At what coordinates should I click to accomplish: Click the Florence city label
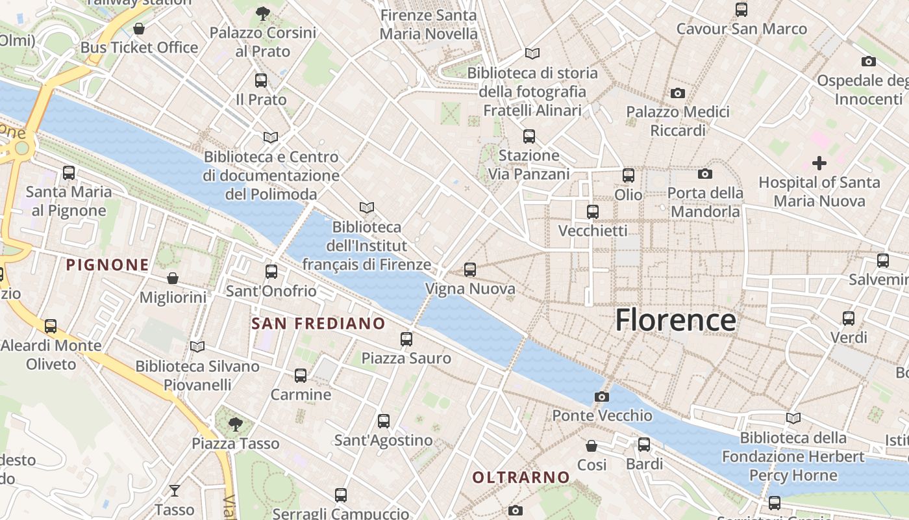point(675,320)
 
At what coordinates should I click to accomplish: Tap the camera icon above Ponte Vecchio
point(602,396)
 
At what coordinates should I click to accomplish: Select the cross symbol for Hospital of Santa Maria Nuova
point(819,162)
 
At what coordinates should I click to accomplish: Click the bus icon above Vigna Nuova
point(470,269)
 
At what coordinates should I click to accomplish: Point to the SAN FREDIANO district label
point(318,324)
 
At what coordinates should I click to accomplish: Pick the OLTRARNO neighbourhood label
point(521,478)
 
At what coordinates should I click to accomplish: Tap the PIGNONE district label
point(108,265)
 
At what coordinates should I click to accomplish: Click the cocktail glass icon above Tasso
point(175,490)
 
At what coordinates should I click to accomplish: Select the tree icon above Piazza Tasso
point(236,424)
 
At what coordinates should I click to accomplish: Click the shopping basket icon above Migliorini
point(173,278)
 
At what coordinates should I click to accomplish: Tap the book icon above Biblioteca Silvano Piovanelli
point(197,347)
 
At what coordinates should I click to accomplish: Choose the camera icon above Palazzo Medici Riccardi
point(678,93)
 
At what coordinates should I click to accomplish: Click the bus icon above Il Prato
point(261,81)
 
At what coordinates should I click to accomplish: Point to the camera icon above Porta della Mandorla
point(704,174)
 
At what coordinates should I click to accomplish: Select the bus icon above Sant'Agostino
point(384,421)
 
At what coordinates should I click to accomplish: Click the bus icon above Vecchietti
point(593,211)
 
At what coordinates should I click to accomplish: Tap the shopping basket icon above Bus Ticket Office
point(139,29)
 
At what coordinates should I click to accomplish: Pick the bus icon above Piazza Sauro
point(406,339)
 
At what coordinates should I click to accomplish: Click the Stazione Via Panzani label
point(529,164)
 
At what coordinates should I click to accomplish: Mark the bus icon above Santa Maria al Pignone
point(69,173)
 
